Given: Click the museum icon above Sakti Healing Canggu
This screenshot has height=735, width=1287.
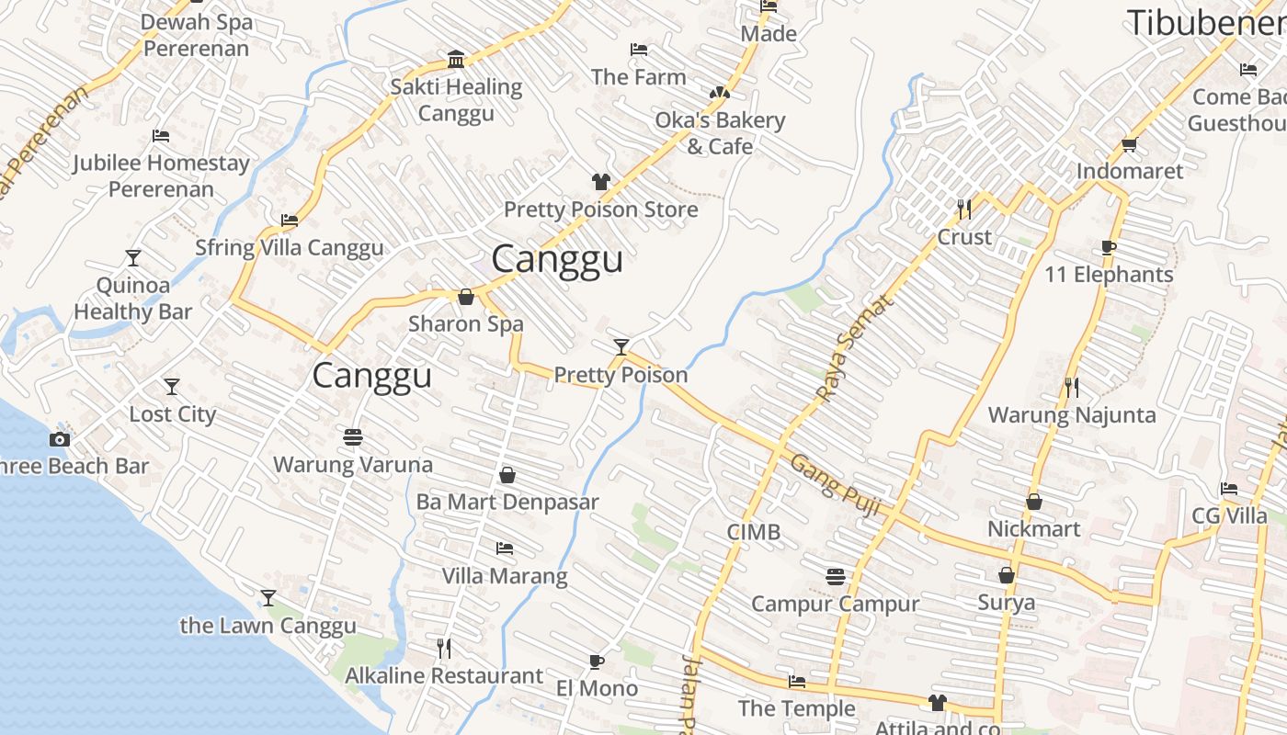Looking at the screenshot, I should [x=456, y=60].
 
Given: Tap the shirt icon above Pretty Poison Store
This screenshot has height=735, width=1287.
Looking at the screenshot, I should [x=600, y=182].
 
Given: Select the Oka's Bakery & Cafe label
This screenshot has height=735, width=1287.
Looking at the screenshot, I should [x=720, y=133].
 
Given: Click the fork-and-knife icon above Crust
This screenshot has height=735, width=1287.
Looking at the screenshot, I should [x=963, y=209].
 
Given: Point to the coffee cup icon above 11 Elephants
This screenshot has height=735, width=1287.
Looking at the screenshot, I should [x=1109, y=247].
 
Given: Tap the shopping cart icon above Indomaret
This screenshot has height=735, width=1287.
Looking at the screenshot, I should [x=1130, y=144].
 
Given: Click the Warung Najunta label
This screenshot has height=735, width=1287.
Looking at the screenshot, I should [x=1072, y=415].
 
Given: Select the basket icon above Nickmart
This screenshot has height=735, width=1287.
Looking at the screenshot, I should [x=1034, y=502].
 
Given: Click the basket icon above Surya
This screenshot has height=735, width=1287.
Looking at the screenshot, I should [x=1007, y=575].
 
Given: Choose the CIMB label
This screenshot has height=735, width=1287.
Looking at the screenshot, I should [x=754, y=532].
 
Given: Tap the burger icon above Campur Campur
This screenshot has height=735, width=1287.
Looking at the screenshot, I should [x=835, y=577].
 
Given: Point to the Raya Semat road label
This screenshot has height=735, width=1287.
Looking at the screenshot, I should [x=854, y=349].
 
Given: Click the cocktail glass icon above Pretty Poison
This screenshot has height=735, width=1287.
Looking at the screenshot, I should [x=621, y=346].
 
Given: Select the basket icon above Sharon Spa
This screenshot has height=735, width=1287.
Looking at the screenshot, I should [x=466, y=297].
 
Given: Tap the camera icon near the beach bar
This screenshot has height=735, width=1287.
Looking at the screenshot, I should [x=60, y=439].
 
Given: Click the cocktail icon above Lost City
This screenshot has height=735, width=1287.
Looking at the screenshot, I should [x=172, y=387].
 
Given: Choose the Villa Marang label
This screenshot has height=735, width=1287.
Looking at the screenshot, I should [x=505, y=576].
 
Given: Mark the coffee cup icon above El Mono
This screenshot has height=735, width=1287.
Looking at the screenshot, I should [x=597, y=661].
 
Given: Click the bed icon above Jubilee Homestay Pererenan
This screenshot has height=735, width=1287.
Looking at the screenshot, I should [x=161, y=136].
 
